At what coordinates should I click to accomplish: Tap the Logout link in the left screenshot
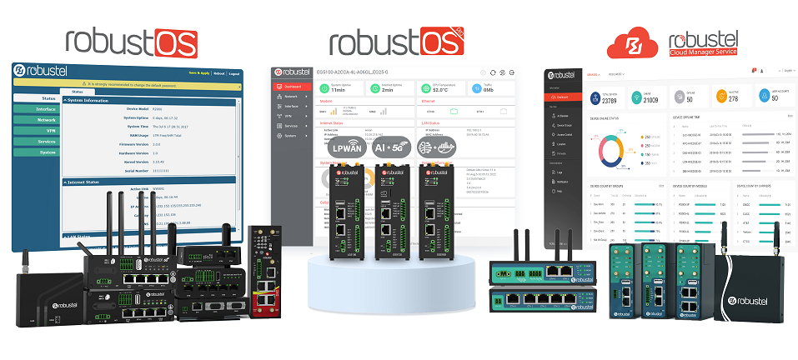[x=233, y=73]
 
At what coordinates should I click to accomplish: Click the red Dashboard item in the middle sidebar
[x=292, y=86]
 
